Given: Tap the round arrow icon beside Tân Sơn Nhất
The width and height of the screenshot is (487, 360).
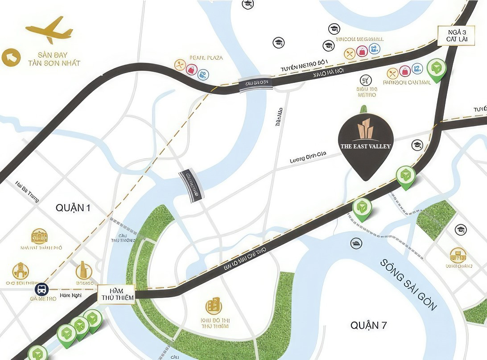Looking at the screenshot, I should [x=11, y=57].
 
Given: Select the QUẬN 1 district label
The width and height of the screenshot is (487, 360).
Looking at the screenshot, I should [x=74, y=208].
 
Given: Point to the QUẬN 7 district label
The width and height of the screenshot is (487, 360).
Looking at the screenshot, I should [x=368, y=325].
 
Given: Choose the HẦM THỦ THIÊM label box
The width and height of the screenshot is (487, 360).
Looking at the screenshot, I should [x=115, y=294].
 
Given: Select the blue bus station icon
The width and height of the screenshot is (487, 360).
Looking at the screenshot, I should [x=42, y=289].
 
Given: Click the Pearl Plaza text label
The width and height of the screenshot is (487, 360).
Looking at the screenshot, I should [x=206, y=57].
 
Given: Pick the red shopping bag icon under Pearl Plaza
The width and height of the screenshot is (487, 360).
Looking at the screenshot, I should [x=191, y=70].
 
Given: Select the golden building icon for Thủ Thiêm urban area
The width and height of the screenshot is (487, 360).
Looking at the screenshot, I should [x=214, y=306].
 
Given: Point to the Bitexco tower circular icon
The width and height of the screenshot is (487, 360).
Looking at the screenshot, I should [x=83, y=270].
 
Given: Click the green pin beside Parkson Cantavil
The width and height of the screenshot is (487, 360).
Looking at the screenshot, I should [x=436, y=69].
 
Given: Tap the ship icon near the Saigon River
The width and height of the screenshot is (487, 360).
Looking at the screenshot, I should [x=357, y=243].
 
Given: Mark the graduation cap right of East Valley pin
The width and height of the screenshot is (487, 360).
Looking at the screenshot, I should [x=417, y=144].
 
